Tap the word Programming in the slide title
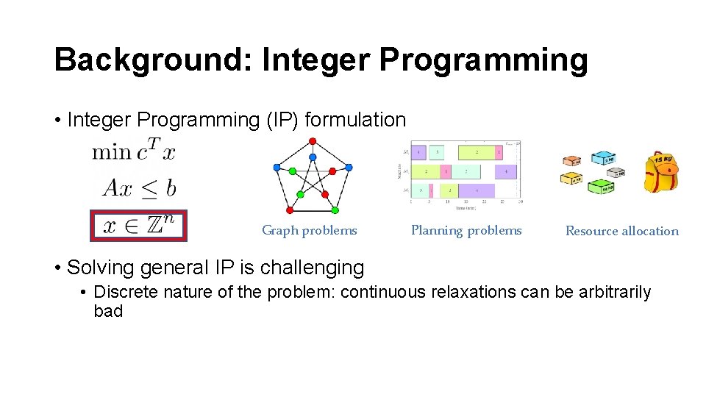click(483, 60)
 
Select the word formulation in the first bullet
click(354, 119)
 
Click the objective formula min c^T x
click(133, 152)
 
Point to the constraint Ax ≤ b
click(139, 187)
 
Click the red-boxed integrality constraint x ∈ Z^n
click(139, 225)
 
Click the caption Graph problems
click(310, 231)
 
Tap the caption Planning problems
click(466, 231)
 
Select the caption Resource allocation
click(621, 231)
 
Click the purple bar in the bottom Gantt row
click(477, 190)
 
